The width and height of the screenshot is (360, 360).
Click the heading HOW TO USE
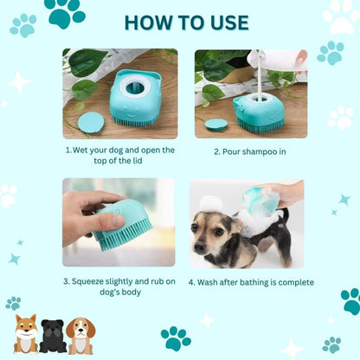point(180,21)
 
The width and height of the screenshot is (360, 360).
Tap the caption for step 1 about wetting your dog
point(120,155)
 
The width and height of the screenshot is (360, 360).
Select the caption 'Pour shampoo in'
point(251,151)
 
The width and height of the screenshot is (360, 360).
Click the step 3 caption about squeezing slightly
point(120,286)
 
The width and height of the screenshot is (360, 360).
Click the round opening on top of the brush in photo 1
point(135,86)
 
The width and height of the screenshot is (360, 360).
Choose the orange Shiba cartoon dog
point(27,336)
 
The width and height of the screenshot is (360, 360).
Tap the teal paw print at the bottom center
point(177,337)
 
